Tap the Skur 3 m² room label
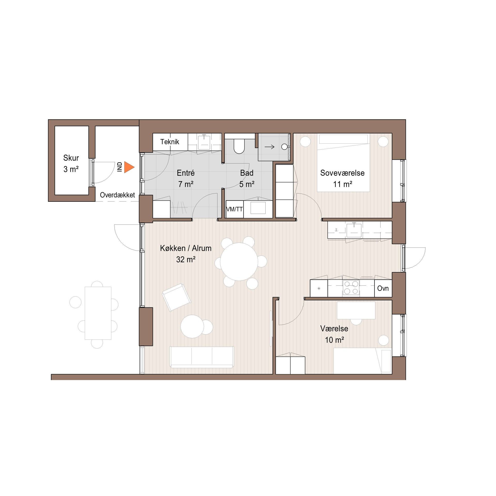[x=71, y=163]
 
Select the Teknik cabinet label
[x=170, y=142]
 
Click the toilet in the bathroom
[x=239, y=146]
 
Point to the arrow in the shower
[x=269, y=147]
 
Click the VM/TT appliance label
[x=234, y=209]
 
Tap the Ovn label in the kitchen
[x=383, y=288]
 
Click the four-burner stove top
[x=351, y=288]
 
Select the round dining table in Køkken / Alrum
[x=239, y=262]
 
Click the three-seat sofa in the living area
[x=202, y=357]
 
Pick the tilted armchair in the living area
[x=177, y=297]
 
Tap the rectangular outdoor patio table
[x=98, y=313]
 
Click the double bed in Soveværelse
[x=343, y=162]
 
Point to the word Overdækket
[x=117, y=195]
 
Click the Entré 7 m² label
[x=186, y=179]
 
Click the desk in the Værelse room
[x=356, y=310]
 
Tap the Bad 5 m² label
[x=247, y=179]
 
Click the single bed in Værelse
[x=362, y=361]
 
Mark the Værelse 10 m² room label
[x=334, y=334]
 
